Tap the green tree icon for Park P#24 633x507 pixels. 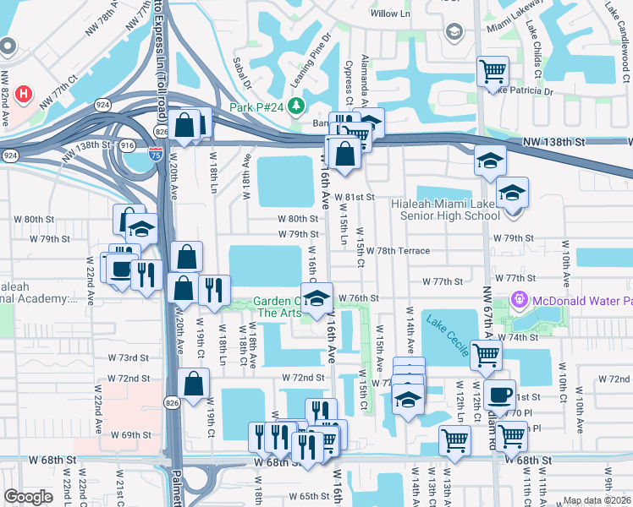click(295, 106)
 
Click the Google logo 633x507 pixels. click(28, 497)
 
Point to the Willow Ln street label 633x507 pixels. click(390, 14)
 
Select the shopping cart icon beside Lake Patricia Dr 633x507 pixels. click(493, 71)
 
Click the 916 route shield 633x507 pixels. click(128, 145)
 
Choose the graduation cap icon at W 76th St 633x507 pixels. click(316, 299)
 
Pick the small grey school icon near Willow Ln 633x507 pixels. click(454, 31)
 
